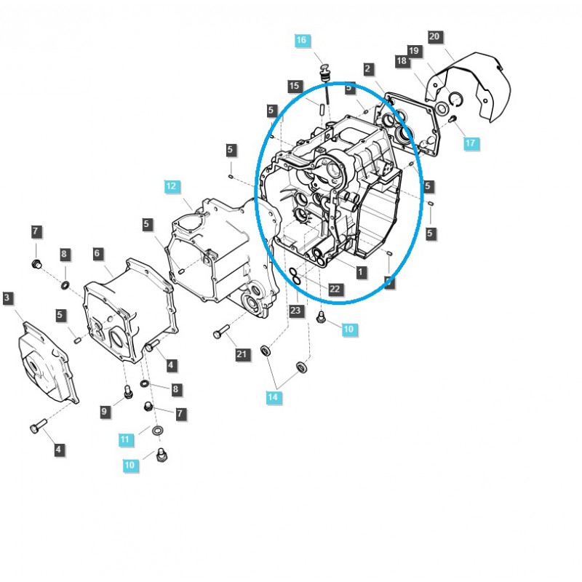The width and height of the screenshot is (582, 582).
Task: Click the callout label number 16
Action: pyautogui.click(x=302, y=41)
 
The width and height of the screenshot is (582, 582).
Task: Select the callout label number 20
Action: pyautogui.click(x=435, y=36)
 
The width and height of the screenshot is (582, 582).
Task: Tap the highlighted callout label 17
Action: pyautogui.click(x=470, y=143)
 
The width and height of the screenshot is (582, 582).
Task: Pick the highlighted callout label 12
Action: pyautogui.click(x=171, y=187)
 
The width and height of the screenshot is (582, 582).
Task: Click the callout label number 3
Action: pyautogui.click(x=7, y=298)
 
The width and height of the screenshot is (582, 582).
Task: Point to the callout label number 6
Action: pyautogui.click(x=97, y=253)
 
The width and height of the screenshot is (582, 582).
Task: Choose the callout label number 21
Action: pyautogui.click(x=242, y=354)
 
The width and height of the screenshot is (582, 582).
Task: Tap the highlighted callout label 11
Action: pyautogui.click(x=126, y=439)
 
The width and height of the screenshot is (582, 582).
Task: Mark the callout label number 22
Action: pyautogui.click(x=335, y=289)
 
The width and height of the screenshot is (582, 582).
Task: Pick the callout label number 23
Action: pyautogui.click(x=295, y=311)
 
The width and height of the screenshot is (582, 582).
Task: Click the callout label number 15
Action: pyautogui.click(x=294, y=87)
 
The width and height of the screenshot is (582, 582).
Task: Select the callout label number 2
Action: pyautogui.click(x=368, y=69)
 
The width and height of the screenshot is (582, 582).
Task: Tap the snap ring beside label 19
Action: pyautogui.click(x=454, y=100)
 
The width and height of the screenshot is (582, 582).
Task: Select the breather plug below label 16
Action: pyautogui.click(x=325, y=73)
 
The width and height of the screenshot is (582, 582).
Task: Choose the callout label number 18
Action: pyautogui.click(x=402, y=62)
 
